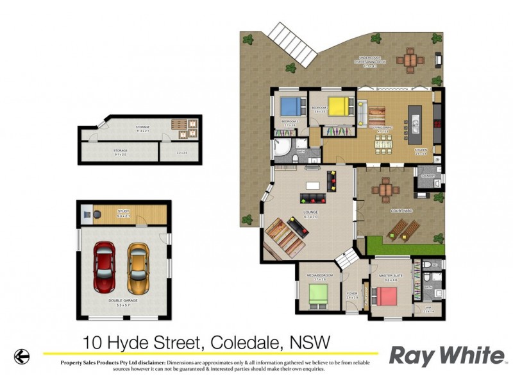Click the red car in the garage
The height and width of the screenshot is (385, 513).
[x=105, y=266]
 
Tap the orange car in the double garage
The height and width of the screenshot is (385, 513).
[x=137, y=266]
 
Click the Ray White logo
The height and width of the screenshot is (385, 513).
[x=447, y=355]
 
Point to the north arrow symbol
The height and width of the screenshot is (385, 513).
[x=22, y=355]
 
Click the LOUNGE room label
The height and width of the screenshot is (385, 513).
[x=311, y=212]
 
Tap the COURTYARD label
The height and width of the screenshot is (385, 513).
[x=401, y=210]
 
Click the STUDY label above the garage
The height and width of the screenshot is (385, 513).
[x=124, y=211]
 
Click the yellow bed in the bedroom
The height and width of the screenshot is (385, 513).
[x=339, y=104]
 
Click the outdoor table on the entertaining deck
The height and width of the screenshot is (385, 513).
[x=411, y=62]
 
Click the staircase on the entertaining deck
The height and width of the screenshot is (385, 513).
[x=293, y=42]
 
